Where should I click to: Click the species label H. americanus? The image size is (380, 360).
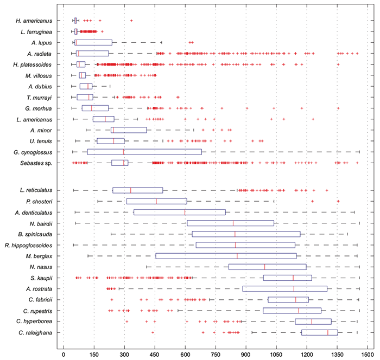[36, 21]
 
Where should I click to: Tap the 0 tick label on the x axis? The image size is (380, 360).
[64, 354]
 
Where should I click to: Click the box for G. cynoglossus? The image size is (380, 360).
[144, 152]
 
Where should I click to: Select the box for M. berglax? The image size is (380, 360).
[226, 255]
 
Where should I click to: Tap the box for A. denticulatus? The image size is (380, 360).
[179, 212]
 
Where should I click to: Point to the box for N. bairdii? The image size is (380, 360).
[230, 223]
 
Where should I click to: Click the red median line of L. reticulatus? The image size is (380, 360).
[131, 190]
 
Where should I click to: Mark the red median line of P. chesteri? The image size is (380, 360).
[156, 201]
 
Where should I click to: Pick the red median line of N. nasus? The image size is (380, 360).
[264, 267]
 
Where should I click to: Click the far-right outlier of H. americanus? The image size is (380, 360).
[131, 21]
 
